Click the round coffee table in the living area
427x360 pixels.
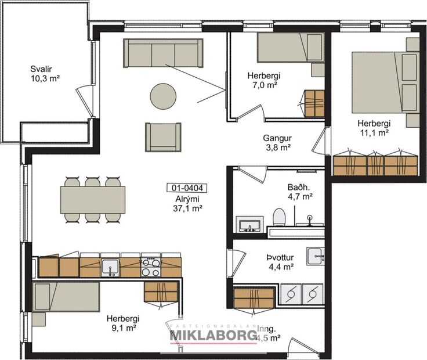(x=162, y=96)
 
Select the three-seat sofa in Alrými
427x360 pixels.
(x=163, y=53)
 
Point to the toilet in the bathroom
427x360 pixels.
(x=280, y=219)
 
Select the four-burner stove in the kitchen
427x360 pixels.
(x=151, y=268)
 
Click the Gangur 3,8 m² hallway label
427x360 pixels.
(x=276, y=143)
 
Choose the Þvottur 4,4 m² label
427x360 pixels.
(x=279, y=262)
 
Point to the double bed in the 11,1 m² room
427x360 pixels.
(x=385, y=81)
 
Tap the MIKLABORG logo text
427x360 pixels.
(x=212, y=336)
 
